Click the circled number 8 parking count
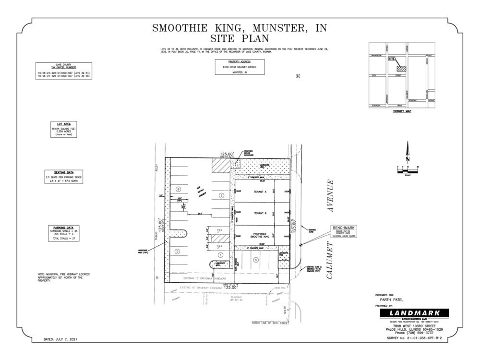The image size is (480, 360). click(178, 189)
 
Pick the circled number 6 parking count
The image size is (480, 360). click(221, 195)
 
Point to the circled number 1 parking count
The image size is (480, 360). click(221, 255)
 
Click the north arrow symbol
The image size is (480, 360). click(408, 152)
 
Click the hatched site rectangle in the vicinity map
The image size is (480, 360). click(401, 69)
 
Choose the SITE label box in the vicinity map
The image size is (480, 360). click(392, 59)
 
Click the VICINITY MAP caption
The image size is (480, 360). click(402, 111)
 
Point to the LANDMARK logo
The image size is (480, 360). click(414, 313)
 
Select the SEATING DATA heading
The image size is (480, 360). click(63, 172)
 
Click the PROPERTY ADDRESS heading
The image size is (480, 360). click(240, 62)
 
